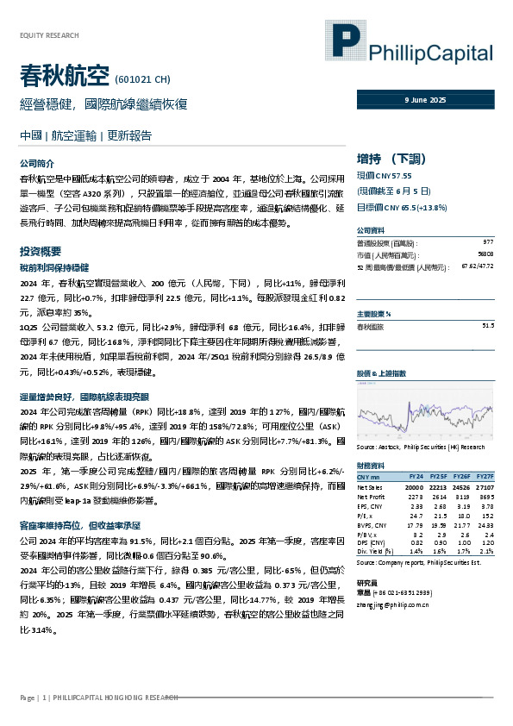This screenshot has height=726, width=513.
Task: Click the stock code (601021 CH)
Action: click(142, 79)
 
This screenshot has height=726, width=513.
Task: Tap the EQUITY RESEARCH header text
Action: click(48, 35)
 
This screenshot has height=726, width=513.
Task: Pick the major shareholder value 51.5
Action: click(487, 325)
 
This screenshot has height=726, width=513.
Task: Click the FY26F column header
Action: click(462, 476)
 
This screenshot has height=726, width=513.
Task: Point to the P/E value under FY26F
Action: click(464, 516)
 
